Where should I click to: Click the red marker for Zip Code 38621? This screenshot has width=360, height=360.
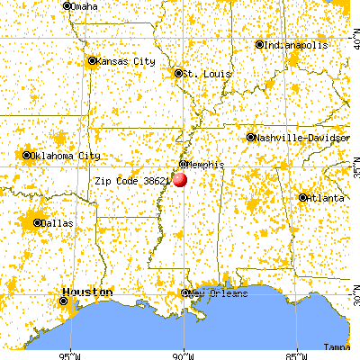click(180, 179)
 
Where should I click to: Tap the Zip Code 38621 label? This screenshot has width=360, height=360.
click(132, 180)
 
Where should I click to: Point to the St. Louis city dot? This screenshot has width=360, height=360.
click(178, 73)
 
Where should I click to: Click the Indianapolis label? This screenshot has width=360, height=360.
click(294, 44)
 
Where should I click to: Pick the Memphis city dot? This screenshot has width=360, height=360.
click(183, 165)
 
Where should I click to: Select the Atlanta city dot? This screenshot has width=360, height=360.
click(302, 197)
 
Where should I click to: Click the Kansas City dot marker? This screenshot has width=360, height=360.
click(92, 61)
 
